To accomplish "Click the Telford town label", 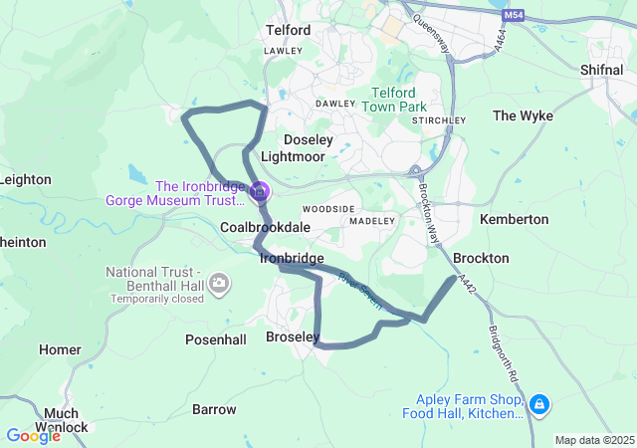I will tap(288, 30).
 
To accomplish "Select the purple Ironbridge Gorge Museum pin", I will tap(260, 189).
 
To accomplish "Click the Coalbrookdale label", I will tap(265, 228).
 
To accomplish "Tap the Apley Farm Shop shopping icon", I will tap(538, 404).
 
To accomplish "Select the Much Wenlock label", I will tap(67, 420).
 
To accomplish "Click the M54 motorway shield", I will tap(513, 16).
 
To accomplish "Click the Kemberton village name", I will tap(514, 218).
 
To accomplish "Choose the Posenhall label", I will tap(216, 339).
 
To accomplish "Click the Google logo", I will tap(32, 435).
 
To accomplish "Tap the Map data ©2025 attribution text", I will tap(594, 440).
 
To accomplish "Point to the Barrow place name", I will tap(214, 409).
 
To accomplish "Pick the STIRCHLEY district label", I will tap(438, 120).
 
